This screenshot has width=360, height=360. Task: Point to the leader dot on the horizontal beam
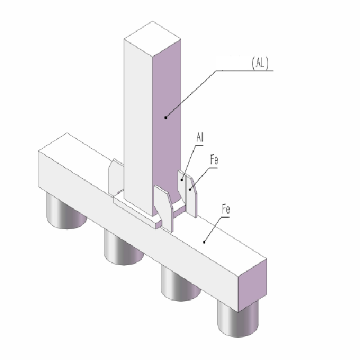click(205, 242)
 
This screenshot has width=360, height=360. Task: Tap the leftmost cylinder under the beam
click(65, 214)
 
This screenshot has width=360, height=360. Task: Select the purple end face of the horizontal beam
click(252, 284)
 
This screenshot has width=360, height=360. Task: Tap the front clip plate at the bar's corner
click(164, 207)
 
